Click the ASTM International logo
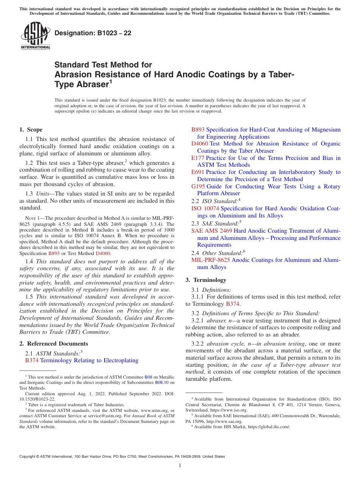pos(35,37)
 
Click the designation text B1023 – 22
pos(93,33)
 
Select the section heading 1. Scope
pos(31,130)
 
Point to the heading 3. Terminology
pos(206,280)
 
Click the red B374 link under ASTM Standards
pos(32,360)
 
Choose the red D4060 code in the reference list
pos(200,144)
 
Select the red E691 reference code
pos(198,172)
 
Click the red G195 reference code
pos(198,186)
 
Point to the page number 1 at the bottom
pos(180,465)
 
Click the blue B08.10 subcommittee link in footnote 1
pos(161,383)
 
